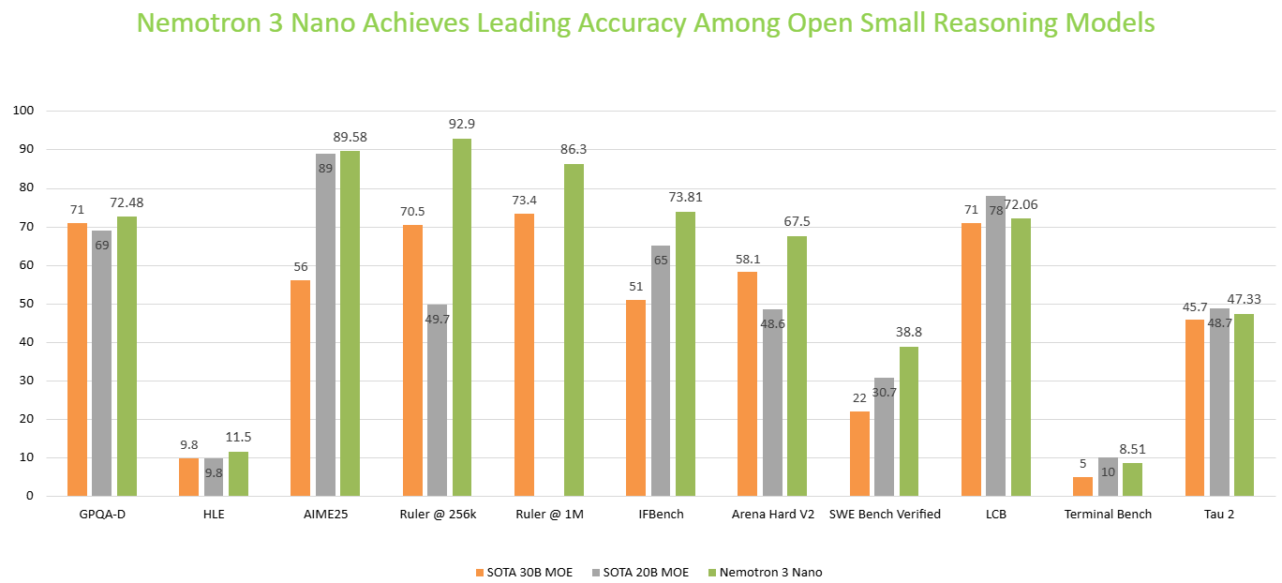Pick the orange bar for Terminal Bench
point(1082,486)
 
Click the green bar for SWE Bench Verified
point(909,421)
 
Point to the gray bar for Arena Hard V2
point(772,402)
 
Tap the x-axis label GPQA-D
point(101,515)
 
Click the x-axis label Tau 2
point(1219,515)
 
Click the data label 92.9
point(462,124)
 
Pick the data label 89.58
point(350,137)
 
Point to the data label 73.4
point(524,200)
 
